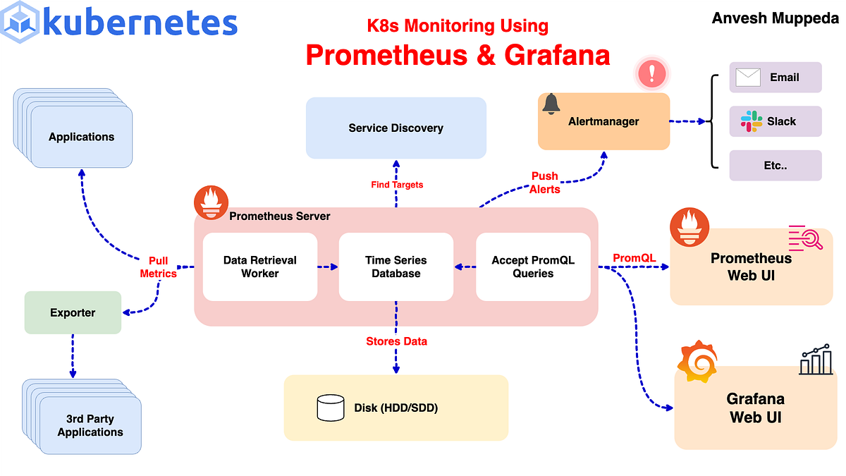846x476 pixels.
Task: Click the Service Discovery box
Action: point(396,128)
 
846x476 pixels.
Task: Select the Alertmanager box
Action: point(603,121)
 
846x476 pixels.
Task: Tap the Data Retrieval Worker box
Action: point(259,267)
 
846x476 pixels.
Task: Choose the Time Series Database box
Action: point(396,267)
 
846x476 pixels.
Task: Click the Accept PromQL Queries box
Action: point(533,267)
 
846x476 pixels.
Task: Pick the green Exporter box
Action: point(73,312)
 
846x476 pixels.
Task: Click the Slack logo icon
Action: point(752,121)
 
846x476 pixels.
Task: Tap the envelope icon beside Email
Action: point(747,78)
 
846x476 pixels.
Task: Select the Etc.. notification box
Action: point(775,165)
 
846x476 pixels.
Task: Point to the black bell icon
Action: point(551,104)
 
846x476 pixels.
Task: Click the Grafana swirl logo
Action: point(697,364)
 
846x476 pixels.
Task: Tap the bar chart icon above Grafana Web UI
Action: point(816,360)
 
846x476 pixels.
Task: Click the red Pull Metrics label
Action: point(159,267)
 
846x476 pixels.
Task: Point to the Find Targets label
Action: point(397,185)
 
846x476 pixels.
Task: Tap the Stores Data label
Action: point(396,341)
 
